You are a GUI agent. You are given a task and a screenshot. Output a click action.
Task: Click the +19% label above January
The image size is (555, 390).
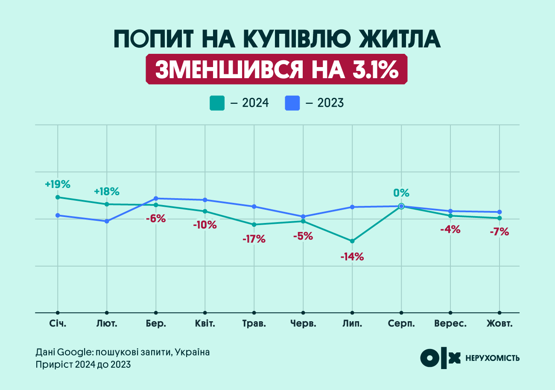point(57,185)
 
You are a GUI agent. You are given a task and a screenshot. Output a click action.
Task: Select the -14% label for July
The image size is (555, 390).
point(352,257)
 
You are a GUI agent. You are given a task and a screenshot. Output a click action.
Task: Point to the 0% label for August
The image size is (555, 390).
point(401,193)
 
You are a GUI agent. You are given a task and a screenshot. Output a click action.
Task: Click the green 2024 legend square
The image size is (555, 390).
point(217,103)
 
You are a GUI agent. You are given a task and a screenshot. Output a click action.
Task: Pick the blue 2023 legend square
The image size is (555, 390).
point(292,103)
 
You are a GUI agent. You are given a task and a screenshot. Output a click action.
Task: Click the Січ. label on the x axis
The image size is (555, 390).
point(58,324)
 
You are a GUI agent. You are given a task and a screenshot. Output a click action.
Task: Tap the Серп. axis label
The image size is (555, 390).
point(401,324)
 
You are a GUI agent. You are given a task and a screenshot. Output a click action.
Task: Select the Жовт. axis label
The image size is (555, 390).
point(499,324)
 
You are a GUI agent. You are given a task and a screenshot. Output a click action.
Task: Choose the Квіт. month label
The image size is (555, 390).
point(205,324)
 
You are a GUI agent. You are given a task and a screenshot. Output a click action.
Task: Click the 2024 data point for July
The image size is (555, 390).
point(352,241)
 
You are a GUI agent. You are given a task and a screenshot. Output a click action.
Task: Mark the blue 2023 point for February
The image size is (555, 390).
point(107,221)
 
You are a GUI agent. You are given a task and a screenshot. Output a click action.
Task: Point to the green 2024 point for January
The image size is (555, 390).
point(58,197)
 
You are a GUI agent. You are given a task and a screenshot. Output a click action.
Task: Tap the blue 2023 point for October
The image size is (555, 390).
point(499,212)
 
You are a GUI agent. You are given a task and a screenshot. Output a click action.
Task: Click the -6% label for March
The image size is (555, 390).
point(155,218)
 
